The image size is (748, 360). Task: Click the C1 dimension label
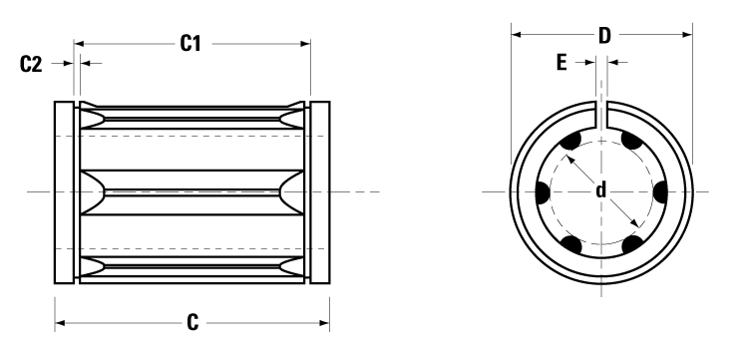pos(191,43)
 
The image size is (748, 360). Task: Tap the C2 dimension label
pos(32,64)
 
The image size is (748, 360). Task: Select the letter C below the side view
pos(192,322)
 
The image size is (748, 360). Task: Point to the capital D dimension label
pos(603,36)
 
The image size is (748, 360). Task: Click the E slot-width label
pos(561,63)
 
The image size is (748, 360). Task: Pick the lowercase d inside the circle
pos(601,189)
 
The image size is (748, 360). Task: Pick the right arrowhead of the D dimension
pos(687,36)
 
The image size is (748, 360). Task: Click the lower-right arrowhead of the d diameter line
pos(634,225)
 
